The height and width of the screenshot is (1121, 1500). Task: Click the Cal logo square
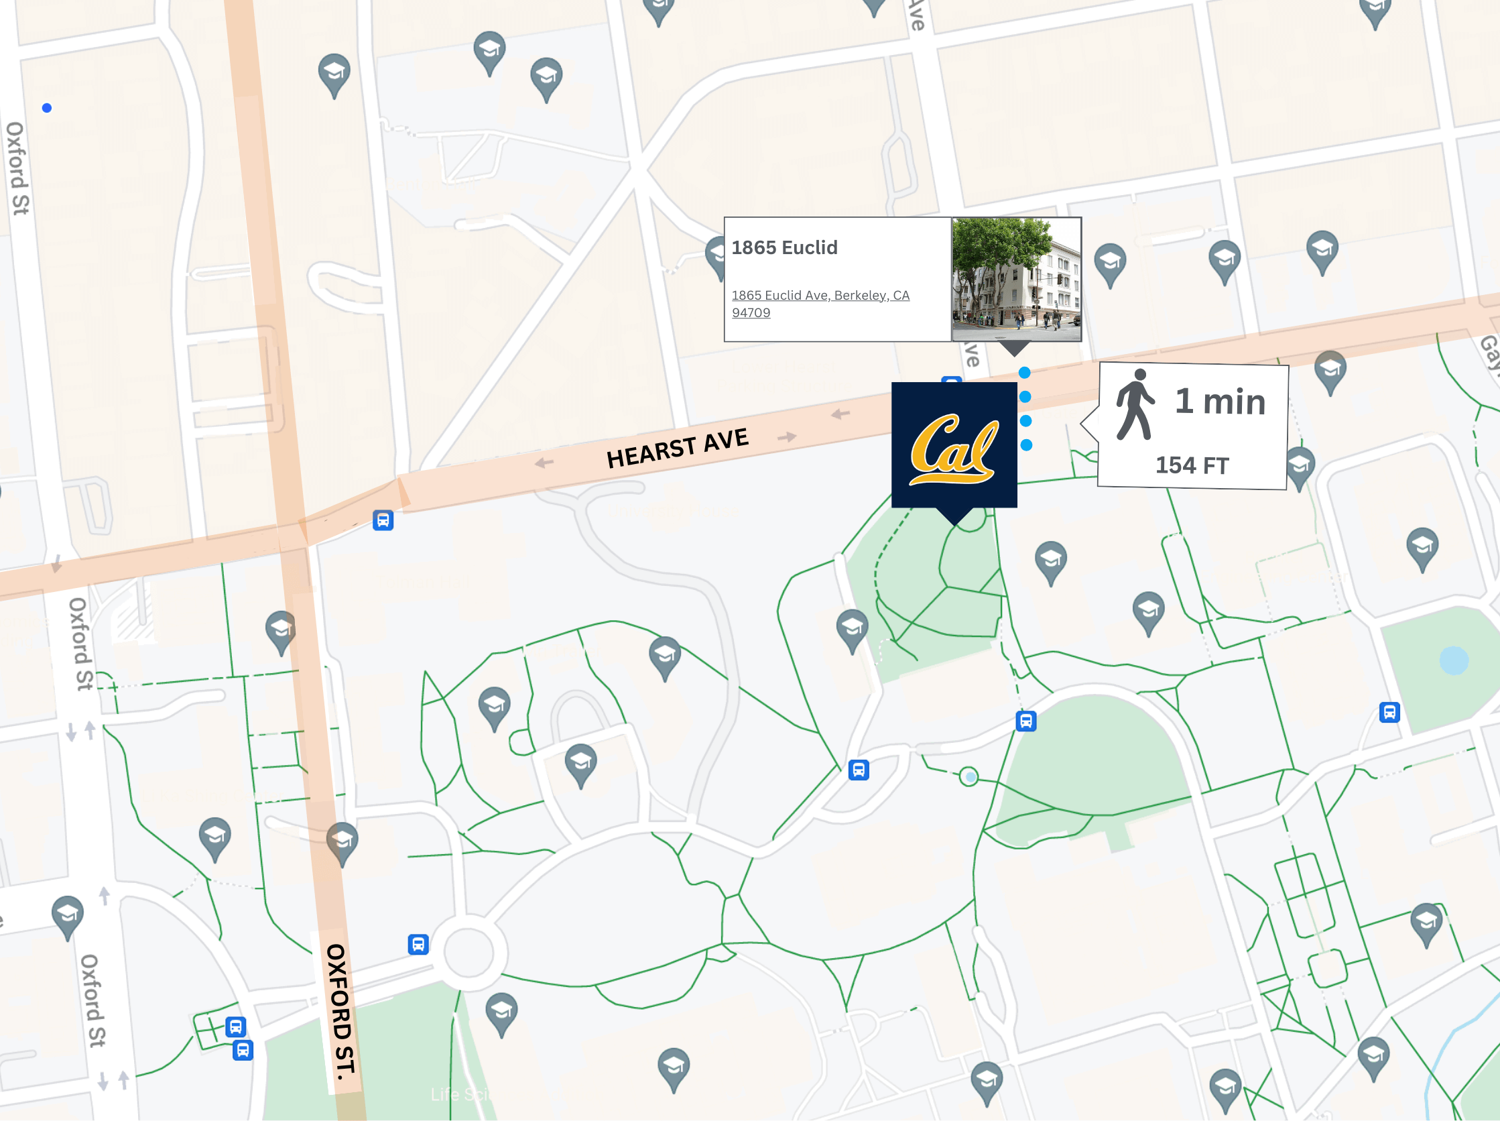click(954, 445)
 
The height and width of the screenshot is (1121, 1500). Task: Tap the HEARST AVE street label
click(677, 449)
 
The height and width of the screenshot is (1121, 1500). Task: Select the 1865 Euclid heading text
click(784, 247)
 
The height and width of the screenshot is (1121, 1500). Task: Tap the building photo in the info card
click(1016, 279)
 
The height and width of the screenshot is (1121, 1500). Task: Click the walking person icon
click(1135, 405)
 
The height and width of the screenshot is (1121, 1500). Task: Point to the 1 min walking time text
click(1220, 402)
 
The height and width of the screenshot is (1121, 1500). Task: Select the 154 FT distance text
click(1192, 465)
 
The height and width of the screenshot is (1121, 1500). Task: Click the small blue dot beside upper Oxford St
click(47, 108)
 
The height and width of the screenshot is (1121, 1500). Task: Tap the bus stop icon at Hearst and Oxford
click(383, 520)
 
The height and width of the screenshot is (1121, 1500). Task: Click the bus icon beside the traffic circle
click(418, 944)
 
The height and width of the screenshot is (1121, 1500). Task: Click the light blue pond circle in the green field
click(1453, 660)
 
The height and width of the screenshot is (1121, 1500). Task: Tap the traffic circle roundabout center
click(468, 952)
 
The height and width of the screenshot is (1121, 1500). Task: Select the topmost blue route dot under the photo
click(1025, 372)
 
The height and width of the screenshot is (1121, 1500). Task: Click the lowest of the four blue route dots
click(1027, 445)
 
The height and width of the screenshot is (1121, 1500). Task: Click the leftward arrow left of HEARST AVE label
click(544, 463)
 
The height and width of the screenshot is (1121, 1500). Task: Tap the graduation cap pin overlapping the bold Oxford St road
click(342, 841)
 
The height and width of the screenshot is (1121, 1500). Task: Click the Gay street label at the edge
click(1489, 353)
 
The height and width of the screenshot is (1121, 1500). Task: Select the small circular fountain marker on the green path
click(969, 776)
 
